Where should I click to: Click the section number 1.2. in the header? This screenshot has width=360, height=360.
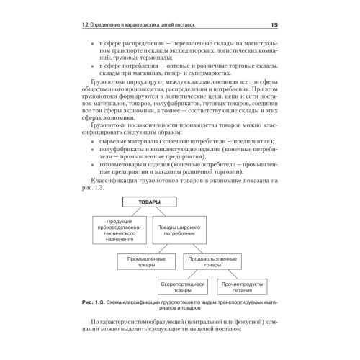coord(88,27)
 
